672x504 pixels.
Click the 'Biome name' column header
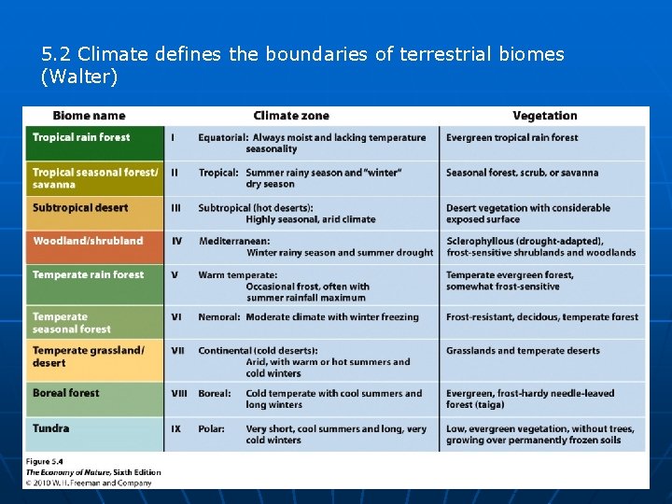pos(89,116)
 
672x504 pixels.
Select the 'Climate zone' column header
pos(291,116)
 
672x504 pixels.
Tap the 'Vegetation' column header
pos(545,116)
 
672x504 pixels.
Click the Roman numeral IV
pos(176,241)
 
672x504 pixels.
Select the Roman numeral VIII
pos(179,394)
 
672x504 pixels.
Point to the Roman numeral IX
pos(175,428)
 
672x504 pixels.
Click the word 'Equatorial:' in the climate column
pos(223,137)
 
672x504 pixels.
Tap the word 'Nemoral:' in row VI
pos(219,317)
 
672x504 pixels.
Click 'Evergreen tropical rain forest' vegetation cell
pos(511,137)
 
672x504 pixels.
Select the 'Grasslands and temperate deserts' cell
pos(523,351)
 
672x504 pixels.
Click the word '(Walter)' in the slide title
pos(79,77)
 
